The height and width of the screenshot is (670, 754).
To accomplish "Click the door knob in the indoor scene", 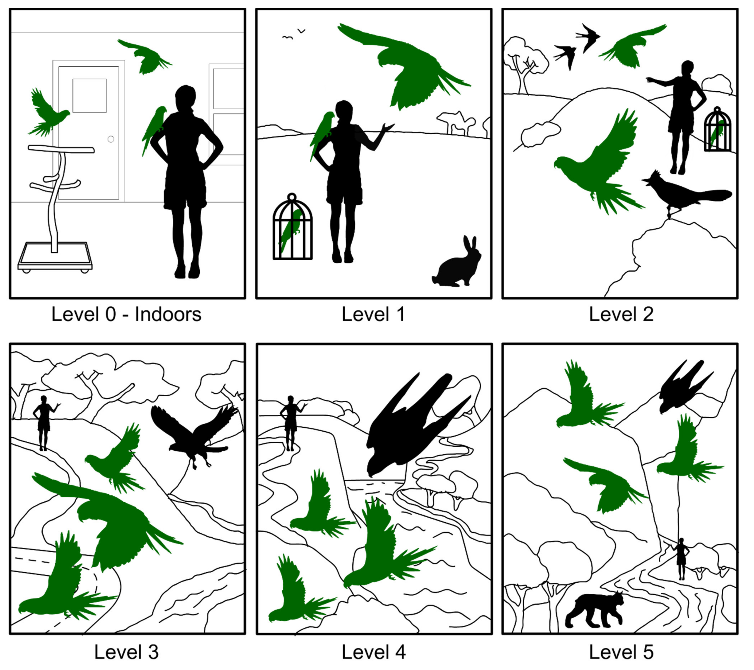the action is click(111, 139).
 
